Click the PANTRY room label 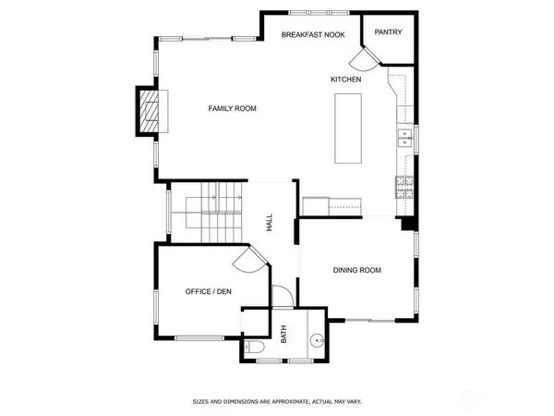coord(387,32)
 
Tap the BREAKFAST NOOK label coord(314,34)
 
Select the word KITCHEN coord(346,80)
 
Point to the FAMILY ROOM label coord(232,108)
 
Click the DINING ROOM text coord(357,270)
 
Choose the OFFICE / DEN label coord(209,292)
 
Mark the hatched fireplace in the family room coord(148,112)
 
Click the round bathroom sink coord(319,340)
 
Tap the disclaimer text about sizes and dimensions coord(277,402)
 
